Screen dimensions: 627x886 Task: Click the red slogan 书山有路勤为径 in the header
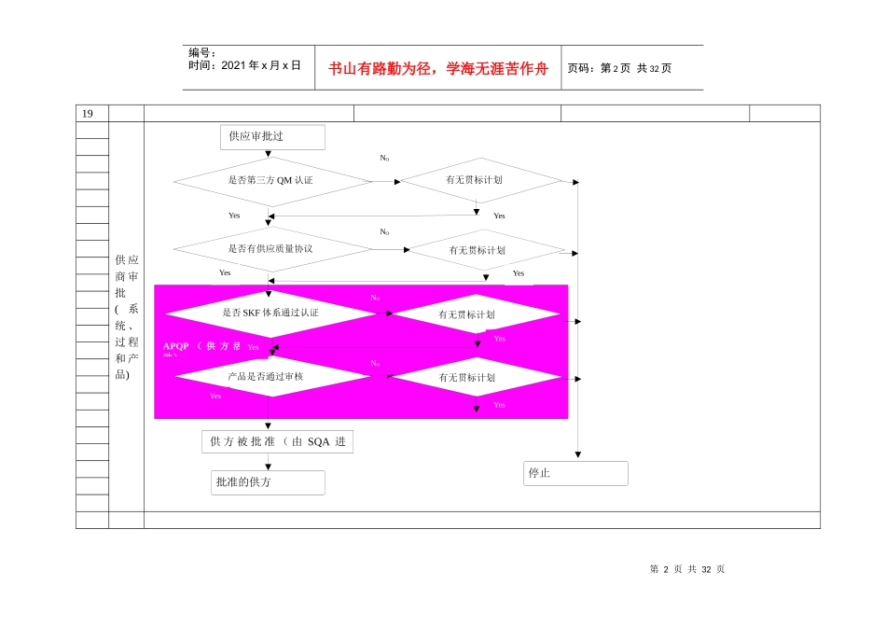[438, 68]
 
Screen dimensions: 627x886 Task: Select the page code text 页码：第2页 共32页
[619, 68]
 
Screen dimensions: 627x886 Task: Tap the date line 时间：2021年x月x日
[244, 65]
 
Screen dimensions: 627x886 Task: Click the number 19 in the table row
[88, 113]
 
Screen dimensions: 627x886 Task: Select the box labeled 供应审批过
[272, 136]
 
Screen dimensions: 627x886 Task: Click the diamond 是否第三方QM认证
[271, 180]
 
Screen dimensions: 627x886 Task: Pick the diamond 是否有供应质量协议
[271, 249]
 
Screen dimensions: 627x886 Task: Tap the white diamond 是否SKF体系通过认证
[271, 313]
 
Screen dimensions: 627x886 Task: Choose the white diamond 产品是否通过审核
[271, 376]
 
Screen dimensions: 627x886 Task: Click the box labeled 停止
[575, 473]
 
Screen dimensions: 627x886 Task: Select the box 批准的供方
[269, 482]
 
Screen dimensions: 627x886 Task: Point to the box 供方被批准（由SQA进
[277, 441]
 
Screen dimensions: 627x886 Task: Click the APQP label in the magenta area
[176, 346]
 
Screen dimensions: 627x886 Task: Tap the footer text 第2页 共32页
[686, 569]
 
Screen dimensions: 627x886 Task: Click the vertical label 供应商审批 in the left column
[127, 317]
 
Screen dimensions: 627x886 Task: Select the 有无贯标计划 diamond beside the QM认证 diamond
[480, 180]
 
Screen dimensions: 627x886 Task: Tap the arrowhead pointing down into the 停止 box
[577, 454]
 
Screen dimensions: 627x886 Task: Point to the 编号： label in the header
[202, 53]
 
